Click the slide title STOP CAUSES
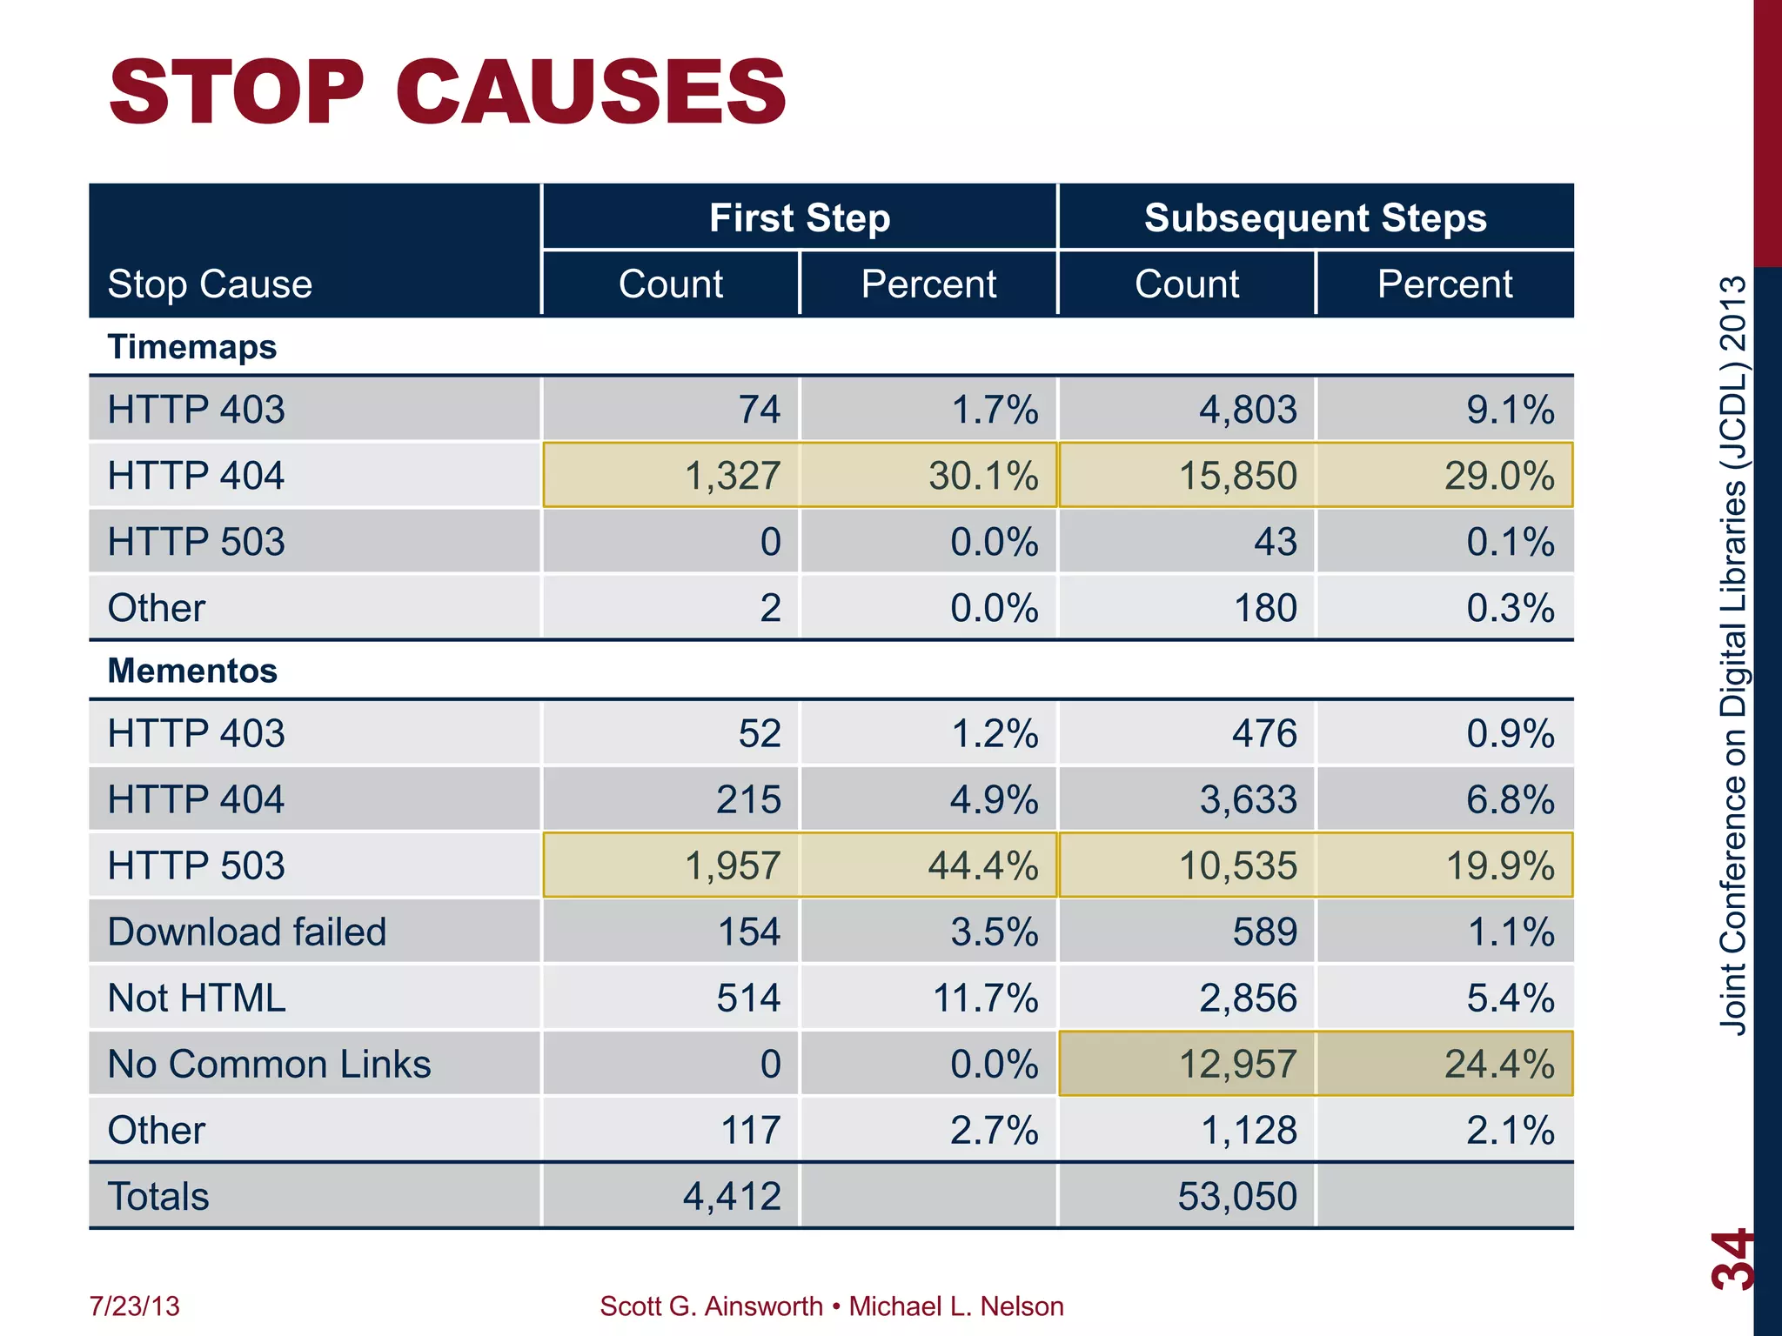click(x=447, y=91)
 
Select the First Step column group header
click(x=799, y=217)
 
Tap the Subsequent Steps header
click(x=1315, y=217)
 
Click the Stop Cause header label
click(x=210, y=284)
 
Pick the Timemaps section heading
click(x=191, y=347)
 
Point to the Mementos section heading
click(x=191, y=671)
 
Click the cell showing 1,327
click(x=733, y=476)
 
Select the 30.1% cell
click(x=983, y=476)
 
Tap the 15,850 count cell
click(x=1237, y=476)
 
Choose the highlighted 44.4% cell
click(x=983, y=865)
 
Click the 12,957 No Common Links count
click(x=1237, y=1064)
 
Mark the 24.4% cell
click(x=1498, y=1064)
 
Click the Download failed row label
click(x=246, y=932)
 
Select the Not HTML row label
click(x=196, y=998)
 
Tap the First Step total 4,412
click(x=732, y=1196)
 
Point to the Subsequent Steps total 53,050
click(x=1237, y=1196)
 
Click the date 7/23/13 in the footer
click(x=134, y=1306)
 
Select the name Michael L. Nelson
click(x=955, y=1306)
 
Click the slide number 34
click(x=1732, y=1259)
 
